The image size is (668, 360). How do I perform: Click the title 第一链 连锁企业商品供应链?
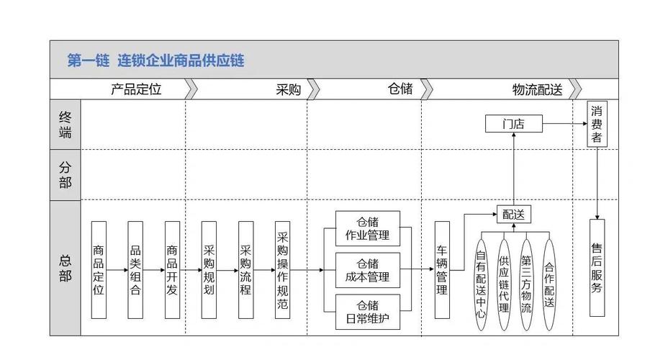155,60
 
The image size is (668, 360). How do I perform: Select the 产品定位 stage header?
136,89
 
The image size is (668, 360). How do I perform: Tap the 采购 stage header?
288,89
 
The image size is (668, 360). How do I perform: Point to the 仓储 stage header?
400,89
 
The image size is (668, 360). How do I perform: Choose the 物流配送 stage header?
537,89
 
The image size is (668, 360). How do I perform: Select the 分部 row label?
66,174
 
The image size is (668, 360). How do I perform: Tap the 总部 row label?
66,268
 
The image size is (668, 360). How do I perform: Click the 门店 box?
513,124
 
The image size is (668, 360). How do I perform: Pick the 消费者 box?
596,124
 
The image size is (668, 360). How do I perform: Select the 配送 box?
513,214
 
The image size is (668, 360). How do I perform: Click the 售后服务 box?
597,268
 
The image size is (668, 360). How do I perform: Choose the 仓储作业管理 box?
368,228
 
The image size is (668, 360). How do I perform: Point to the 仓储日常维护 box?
368,311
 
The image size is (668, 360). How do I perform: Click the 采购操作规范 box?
283,270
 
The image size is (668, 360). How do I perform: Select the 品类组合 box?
135,270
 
